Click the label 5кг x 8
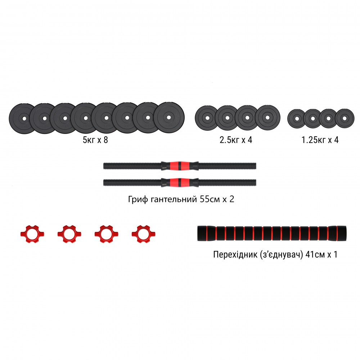(95, 140)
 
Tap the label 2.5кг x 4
(236, 140)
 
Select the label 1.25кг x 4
(320, 140)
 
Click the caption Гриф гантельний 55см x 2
(181, 199)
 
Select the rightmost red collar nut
(141, 234)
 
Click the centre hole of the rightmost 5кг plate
(169, 117)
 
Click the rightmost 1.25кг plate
(345, 118)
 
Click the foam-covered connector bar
(271, 234)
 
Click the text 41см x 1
(321, 255)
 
